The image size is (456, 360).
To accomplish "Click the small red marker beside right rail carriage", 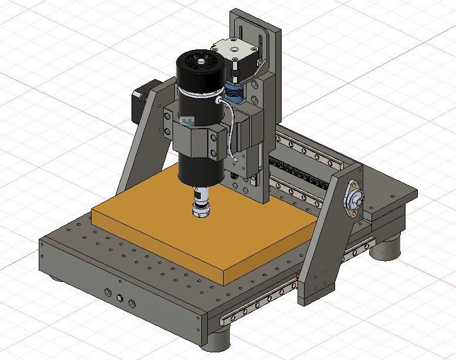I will click(298, 275).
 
